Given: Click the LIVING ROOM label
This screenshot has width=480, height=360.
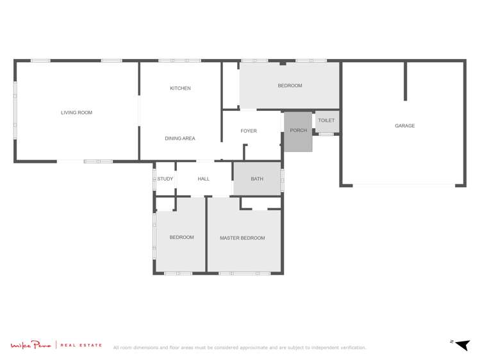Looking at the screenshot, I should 76,113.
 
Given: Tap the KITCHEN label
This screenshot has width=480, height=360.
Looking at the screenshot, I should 180,88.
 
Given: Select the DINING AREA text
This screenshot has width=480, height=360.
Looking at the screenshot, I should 180,138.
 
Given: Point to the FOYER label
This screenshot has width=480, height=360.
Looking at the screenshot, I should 249,131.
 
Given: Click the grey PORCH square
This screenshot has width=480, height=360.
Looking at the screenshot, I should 298,131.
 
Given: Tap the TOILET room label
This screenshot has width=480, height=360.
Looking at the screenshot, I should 326,120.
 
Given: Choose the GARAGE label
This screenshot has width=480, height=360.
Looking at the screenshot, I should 404,126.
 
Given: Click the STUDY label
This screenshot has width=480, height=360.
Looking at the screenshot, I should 165,179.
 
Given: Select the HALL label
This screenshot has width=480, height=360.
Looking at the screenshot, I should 204,179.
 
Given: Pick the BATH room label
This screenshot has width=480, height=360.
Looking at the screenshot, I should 257,179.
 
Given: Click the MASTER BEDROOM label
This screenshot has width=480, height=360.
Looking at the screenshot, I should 242,238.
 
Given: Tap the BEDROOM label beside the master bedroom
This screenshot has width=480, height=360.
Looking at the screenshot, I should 181,238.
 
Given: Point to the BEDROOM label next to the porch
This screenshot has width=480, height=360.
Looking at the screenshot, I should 290,86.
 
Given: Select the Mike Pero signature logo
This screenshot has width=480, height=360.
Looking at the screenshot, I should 31,345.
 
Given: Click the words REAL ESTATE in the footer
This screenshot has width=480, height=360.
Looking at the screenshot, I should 81,345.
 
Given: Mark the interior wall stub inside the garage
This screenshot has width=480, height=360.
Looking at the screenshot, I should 405,81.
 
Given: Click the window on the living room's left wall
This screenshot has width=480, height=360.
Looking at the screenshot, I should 15,110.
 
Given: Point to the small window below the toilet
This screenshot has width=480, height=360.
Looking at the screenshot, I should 326,135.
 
